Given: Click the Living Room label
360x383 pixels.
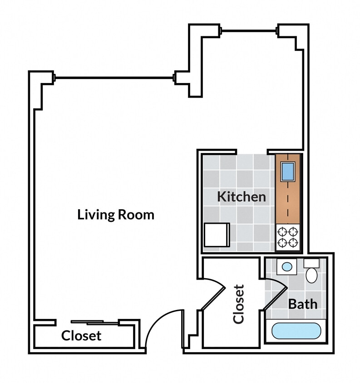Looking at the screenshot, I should click(x=116, y=214).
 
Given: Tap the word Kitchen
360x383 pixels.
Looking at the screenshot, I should click(x=241, y=196).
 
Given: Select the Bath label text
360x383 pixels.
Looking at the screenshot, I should click(x=302, y=304).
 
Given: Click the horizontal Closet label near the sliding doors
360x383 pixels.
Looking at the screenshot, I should click(x=81, y=336).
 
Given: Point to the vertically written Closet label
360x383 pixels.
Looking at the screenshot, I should click(x=239, y=304).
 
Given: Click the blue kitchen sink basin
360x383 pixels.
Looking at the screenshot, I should click(x=288, y=172).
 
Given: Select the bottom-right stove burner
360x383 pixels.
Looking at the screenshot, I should click(x=294, y=243).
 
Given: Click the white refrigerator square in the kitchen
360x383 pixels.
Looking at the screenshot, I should click(x=217, y=235).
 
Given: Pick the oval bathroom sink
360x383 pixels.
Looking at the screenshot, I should click(x=286, y=266).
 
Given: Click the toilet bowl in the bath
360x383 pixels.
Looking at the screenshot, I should click(x=311, y=274).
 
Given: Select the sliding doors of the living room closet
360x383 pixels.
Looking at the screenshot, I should click(x=95, y=323).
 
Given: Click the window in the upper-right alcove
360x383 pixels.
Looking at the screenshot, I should click(x=249, y=30).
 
